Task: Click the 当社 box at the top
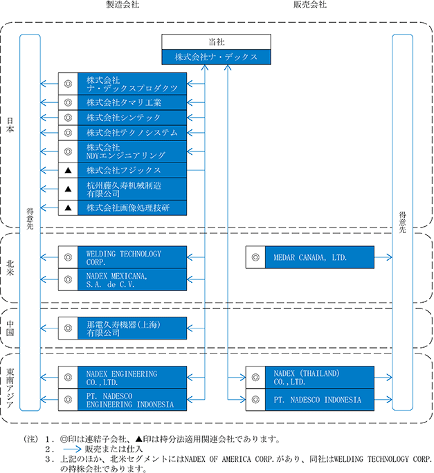tap(216, 41)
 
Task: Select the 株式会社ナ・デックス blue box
tap(216, 57)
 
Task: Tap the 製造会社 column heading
tap(123, 4)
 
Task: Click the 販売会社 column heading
tap(310, 4)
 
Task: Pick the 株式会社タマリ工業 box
tap(132, 102)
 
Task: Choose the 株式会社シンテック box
tap(132, 118)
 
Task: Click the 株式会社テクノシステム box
tap(132, 133)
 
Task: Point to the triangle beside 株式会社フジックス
tap(69, 170)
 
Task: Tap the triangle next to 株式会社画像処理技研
tap(69, 207)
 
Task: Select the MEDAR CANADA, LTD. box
tap(320, 257)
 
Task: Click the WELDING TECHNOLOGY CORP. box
tap(132, 257)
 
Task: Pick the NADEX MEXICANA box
tap(132, 279)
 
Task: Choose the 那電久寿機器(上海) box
tap(132, 328)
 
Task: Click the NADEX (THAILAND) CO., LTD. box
tap(320, 378)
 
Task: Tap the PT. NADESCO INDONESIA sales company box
tap(320, 400)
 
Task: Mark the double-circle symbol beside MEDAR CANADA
tap(255, 257)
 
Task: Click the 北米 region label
tap(10, 268)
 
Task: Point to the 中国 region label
tap(10, 328)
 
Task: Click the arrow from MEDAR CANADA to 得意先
tap(383, 257)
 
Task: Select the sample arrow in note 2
tap(73, 449)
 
